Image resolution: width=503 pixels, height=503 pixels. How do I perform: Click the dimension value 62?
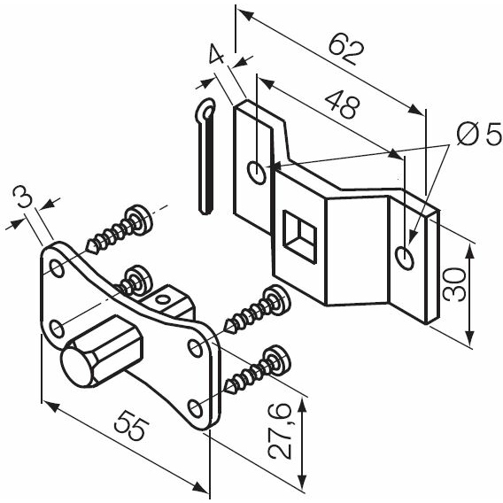[x=346, y=52]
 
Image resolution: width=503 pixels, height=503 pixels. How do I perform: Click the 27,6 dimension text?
[x=281, y=429]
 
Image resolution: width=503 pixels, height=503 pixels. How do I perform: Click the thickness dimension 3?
[x=22, y=197]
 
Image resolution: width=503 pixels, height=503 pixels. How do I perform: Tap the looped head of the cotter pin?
[x=205, y=109]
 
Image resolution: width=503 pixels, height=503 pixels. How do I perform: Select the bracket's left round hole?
[x=257, y=174]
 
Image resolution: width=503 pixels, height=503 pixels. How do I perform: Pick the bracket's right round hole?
[x=405, y=258]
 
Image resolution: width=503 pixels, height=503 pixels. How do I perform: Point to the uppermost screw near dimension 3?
[x=120, y=229]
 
